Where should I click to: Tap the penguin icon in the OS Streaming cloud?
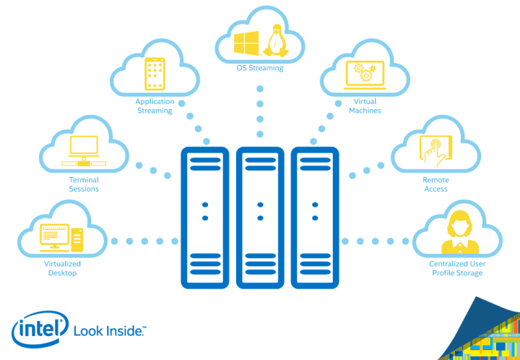pyautogui.click(x=274, y=40)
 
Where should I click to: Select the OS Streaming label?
pyautogui.click(x=260, y=68)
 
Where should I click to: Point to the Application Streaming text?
pyautogui.click(x=155, y=106)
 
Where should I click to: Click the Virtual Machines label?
pyautogui.click(x=365, y=106)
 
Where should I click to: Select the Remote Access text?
pyautogui.click(x=435, y=184)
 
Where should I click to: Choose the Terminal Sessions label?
pyautogui.click(x=84, y=184)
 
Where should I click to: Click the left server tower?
pyautogui.click(x=204, y=218)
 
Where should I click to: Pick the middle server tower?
pyautogui.click(x=260, y=218)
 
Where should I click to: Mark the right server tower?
pyautogui.click(x=315, y=218)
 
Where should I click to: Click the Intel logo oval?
pyautogui.click(x=40, y=330)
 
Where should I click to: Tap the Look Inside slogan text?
pyautogui.click(x=110, y=331)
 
